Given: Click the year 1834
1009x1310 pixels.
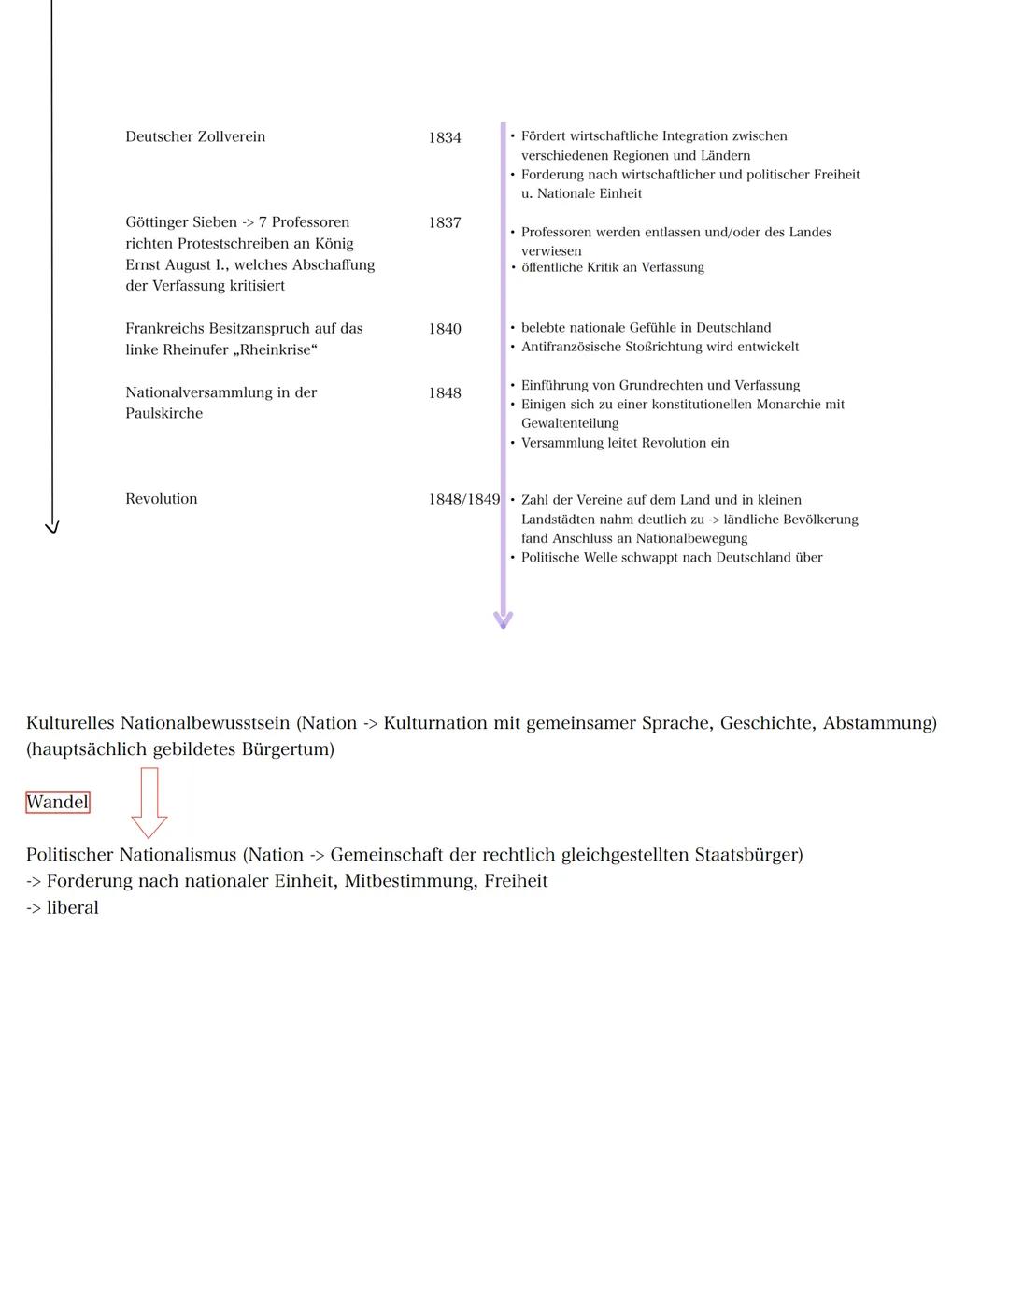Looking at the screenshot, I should (x=445, y=137).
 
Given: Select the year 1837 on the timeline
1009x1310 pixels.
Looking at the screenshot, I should (x=445, y=222).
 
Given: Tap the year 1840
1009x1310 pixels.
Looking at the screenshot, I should (x=445, y=329).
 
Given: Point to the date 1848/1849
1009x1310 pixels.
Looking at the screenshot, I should (x=464, y=499).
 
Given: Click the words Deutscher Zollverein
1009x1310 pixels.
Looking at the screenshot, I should (x=195, y=136).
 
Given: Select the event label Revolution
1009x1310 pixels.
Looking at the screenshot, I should (x=162, y=499).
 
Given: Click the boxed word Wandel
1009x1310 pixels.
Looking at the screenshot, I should (x=58, y=802).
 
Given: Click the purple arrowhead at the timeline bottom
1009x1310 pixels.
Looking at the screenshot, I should (x=504, y=619).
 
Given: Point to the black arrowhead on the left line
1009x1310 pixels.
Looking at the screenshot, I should (x=52, y=527).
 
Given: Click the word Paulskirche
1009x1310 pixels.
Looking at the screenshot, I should (x=164, y=413).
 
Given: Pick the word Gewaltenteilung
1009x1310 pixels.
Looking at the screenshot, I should (x=570, y=423).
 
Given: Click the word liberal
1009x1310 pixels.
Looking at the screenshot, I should (x=72, y=907).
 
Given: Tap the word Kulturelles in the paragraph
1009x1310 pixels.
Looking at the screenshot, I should (x=71, y=723).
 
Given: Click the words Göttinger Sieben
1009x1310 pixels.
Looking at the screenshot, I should (x=181, y=222).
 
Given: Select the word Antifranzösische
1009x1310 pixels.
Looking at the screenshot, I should (x=573, y=347).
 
